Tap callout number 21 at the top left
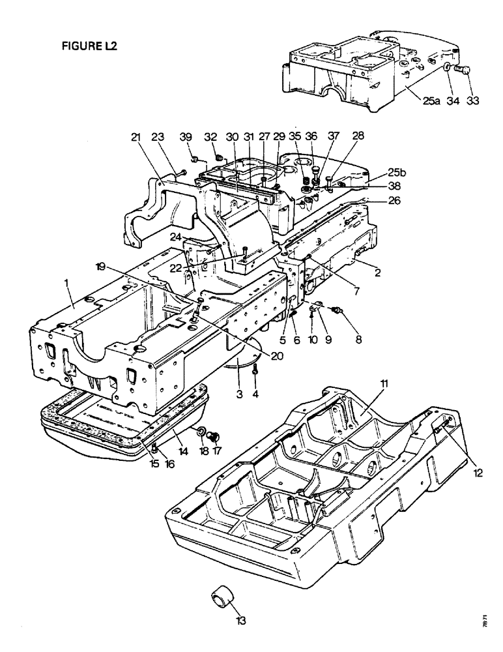(136, 138)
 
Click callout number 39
(187, 138)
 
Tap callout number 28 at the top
(358, 138)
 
